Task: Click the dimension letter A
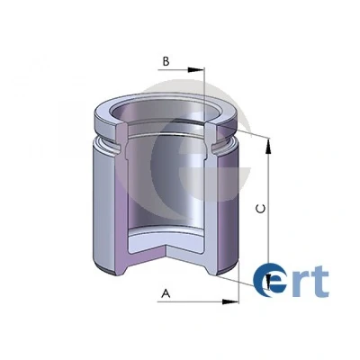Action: point(166,293)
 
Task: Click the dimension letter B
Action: point(166,61)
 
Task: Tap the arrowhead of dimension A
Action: point(230,301)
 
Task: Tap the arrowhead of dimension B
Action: point(196,70)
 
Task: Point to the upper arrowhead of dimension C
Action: point(268,147)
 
